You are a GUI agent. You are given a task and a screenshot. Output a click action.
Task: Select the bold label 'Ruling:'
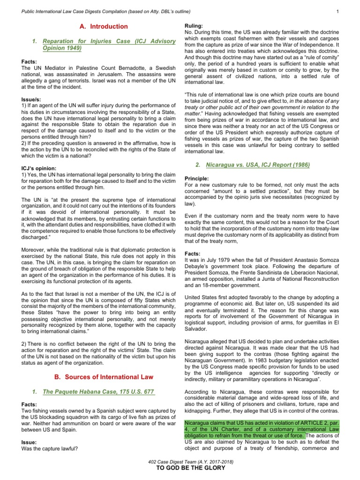coord(194,25)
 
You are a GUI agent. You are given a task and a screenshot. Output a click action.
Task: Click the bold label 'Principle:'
coord(197,179)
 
